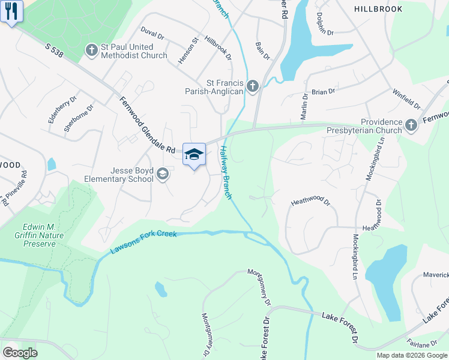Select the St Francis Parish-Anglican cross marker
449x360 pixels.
[252, 86]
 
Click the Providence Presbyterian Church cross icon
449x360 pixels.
[411, 125]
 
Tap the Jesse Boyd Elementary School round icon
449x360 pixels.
[162, 174]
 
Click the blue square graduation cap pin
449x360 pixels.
[194, 154]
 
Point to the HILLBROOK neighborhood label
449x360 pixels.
[376, 9]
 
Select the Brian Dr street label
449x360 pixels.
[323, 91]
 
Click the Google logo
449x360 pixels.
[20, 353]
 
